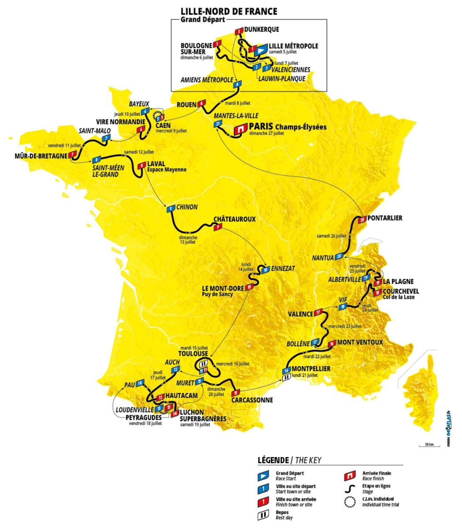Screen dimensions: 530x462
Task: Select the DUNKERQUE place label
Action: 261,30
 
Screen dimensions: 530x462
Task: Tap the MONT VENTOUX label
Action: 360,342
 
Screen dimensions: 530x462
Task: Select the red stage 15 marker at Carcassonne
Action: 236,392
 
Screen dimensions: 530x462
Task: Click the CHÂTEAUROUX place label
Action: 235,219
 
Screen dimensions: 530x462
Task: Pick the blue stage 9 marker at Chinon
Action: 169,209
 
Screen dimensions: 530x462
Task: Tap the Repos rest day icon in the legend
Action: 263,515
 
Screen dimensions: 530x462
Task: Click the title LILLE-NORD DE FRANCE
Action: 229,11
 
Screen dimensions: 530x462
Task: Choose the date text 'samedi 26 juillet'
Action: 331,236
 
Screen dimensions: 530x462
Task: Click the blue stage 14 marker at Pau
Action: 140,383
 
